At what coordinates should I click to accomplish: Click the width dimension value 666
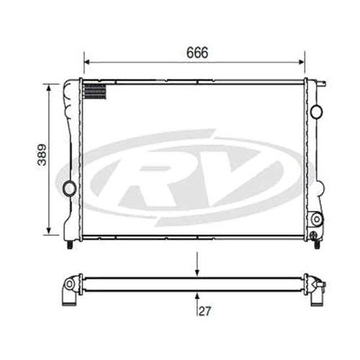197,53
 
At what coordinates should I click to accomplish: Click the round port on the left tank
70,189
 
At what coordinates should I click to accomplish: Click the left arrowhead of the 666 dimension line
86,62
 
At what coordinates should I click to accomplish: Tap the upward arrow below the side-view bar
197,295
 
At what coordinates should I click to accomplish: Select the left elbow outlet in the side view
70,289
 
